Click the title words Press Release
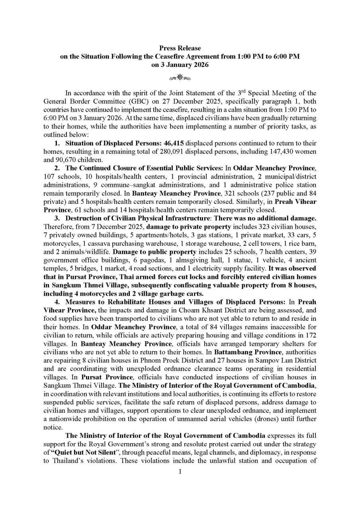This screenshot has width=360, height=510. [x=180, y=48]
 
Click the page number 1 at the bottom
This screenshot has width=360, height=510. [x=180, y=472]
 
